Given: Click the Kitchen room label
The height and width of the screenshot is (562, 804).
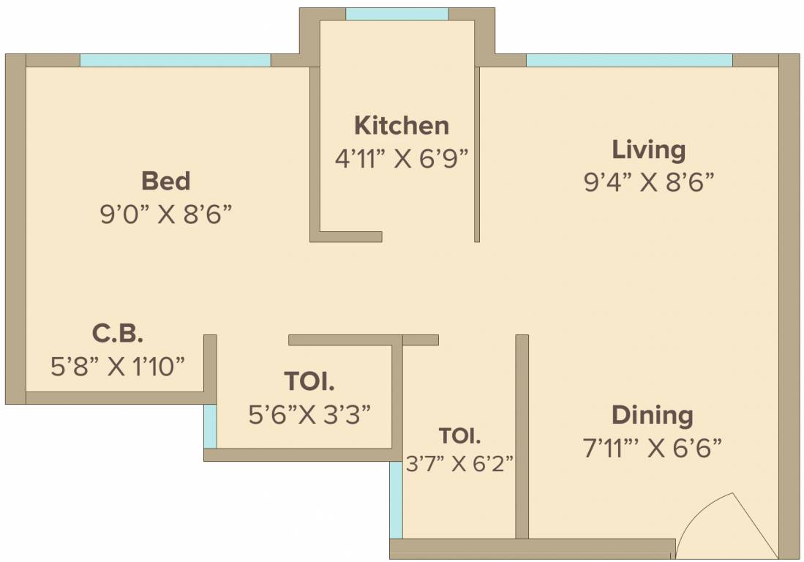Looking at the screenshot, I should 401,126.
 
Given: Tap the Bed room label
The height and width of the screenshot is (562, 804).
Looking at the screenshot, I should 165,181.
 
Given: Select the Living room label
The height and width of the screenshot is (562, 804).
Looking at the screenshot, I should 648,150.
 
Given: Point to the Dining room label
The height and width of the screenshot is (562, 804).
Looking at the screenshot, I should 652,415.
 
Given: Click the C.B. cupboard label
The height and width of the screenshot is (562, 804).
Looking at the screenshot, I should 117,334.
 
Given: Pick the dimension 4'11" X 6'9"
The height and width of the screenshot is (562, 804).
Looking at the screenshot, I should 401,159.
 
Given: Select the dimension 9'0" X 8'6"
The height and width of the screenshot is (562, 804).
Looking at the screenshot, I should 165,214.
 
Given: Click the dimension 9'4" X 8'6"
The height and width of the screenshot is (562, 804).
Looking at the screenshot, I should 648,182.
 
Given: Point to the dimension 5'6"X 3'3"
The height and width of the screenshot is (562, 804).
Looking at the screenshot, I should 309,415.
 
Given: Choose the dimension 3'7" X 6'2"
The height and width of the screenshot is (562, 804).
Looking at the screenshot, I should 459,463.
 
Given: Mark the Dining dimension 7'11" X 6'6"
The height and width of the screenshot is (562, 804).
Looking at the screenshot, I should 652,447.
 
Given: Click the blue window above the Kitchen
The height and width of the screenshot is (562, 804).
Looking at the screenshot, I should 397,14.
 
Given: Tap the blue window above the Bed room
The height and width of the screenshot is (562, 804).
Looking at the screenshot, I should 175,60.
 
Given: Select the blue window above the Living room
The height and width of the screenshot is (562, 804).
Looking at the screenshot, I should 628,60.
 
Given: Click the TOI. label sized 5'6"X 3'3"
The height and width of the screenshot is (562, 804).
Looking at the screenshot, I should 309,382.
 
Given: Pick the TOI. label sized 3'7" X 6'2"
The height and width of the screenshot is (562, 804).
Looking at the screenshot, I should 459,436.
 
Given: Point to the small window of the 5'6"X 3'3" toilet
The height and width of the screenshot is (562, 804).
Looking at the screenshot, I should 210,426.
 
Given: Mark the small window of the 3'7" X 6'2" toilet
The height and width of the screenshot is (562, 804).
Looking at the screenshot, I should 396,500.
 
